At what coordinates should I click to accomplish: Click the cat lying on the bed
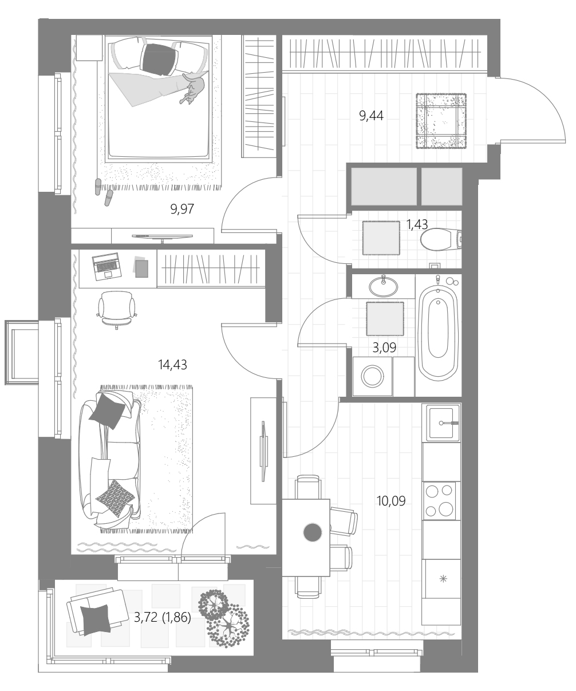click(x=193, y=89)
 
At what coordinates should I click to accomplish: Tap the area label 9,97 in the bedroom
click(x=182, y=209)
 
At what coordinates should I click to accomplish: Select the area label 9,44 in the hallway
click(x=371, y=116)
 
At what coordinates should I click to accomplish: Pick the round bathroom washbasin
click(x=384, y=287)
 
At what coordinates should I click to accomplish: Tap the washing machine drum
click(x=372, y=376)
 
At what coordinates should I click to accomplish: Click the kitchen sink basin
click(x=441, y=423)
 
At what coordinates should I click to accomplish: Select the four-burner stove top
click(x=439, y=500)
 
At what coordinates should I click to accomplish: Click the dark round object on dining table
click(x=312, y=532)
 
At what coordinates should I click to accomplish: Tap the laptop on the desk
click(x=106, y=267)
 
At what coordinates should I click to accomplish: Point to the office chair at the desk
click(x=117, y=310)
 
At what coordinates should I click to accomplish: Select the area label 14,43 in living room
click(x=172, y=365)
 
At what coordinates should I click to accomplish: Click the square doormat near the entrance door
click(x=441, y=121)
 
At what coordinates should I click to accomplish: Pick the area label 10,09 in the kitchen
click(x=391, y=501)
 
